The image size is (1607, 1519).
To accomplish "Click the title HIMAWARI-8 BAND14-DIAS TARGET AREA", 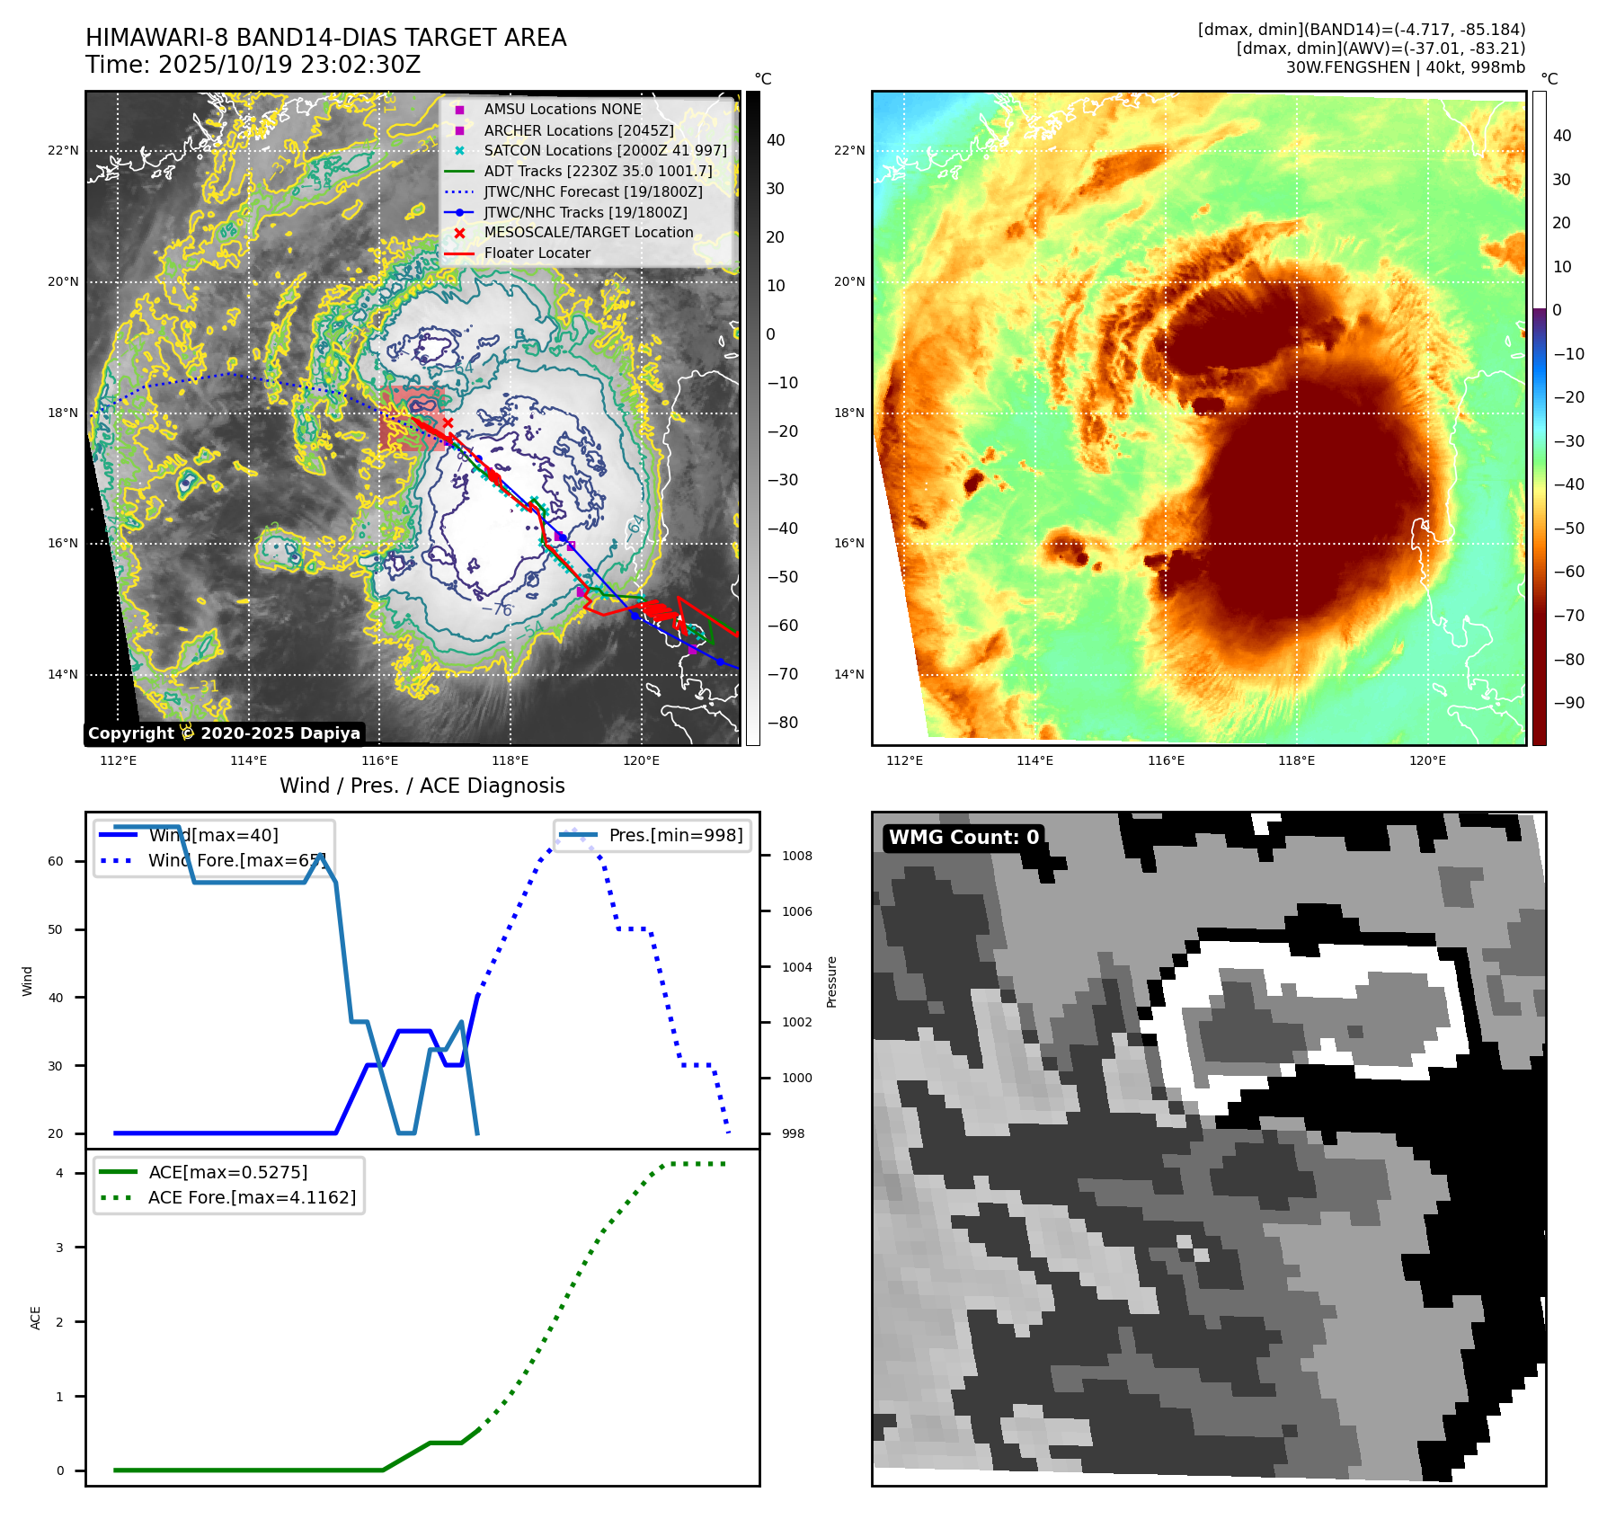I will click(x=325, y=38).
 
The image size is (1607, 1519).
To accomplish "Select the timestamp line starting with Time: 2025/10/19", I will click(x=253, y=65).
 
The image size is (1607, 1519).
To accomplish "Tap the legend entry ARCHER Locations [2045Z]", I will click(x=578, y=130).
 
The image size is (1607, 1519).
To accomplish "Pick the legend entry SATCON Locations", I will click(x=605, y=150).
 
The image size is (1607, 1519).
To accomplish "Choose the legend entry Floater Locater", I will click(x=537, y=253).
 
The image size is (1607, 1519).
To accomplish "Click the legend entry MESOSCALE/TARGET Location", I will click(x=588, y=232).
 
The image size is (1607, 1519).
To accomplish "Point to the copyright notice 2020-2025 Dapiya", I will click(x=224, y=733).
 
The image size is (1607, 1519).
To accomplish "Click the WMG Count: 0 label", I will click(x=963, y=838).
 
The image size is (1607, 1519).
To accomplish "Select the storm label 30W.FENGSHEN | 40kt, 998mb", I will click(x=1405, y=67).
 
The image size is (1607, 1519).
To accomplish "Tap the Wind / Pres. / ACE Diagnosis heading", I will click(x=422, y=786).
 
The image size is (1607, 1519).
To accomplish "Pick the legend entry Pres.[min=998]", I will click(x=675, y=835).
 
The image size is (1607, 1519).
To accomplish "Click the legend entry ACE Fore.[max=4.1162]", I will click(x=252, y=1197).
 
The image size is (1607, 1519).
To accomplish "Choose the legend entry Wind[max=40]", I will click(x=213, y=835).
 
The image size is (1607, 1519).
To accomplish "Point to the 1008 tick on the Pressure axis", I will click(x=796, y=856).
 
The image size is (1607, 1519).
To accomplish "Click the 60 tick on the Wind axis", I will click(x=56, y=861).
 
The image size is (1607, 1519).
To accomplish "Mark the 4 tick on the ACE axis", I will click(x=59, y=1173).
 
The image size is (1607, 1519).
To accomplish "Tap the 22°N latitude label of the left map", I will click(x=63, y=150).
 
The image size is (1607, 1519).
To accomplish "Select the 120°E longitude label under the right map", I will click(x=1427, y=760).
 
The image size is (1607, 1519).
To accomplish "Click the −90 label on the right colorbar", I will click(x=1568, y=703).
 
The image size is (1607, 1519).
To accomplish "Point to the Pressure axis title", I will click(x=831, y=982).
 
